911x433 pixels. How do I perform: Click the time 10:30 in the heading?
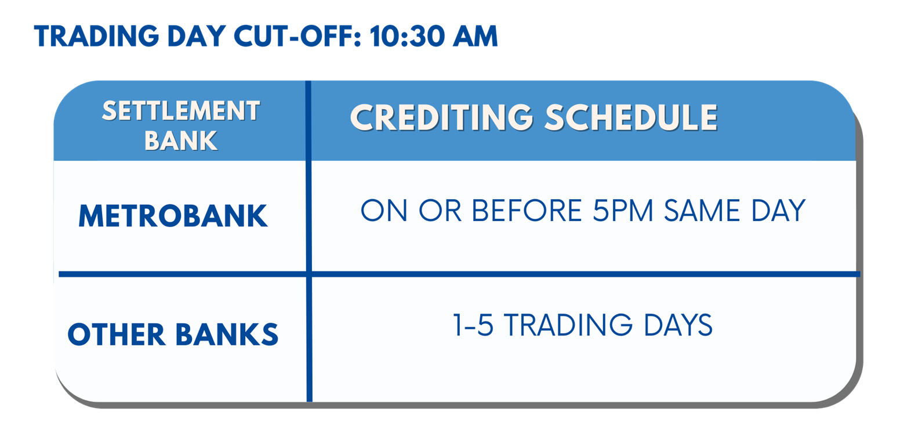[408, 36]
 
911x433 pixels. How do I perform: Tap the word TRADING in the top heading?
[96, 36]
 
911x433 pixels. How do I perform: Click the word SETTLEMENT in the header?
[181, 111]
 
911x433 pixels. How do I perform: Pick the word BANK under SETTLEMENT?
[181, 141]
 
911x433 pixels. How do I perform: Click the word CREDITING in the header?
[442, 117]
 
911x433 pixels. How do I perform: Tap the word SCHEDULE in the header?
[631, 117]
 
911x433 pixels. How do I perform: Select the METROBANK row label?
[173, 216]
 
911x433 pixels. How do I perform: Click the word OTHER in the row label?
[117, 334]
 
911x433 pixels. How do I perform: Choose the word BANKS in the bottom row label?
[227, 334]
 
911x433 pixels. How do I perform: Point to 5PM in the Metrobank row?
[623, 210]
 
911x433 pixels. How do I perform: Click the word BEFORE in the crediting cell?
[527, 210]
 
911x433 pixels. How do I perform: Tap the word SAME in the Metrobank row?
[702, 210]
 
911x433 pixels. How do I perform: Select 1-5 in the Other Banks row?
[473, 325]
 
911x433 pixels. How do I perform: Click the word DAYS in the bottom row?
[678, 325]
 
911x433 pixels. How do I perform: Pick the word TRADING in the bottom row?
[568, 325]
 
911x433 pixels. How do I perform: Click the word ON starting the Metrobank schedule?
[384, 210]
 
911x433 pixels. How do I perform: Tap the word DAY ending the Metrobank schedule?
[778, 210]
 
